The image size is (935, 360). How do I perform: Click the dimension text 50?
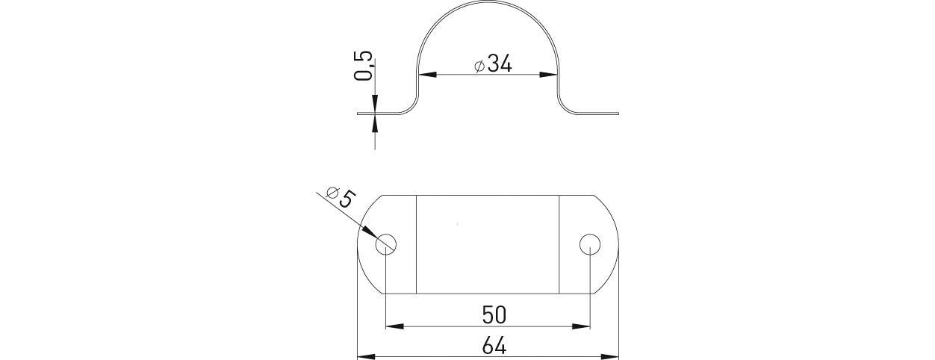[494, 315]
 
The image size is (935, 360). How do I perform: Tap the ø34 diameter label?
[493, 64]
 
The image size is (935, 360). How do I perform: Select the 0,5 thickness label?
[363, 65]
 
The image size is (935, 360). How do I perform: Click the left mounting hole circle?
[385, 244]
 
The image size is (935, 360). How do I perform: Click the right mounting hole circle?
[590, 244]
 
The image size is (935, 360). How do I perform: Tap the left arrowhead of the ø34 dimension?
[427, 75]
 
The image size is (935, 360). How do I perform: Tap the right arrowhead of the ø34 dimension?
[548, 75]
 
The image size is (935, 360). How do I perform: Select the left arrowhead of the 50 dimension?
[395, 326]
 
